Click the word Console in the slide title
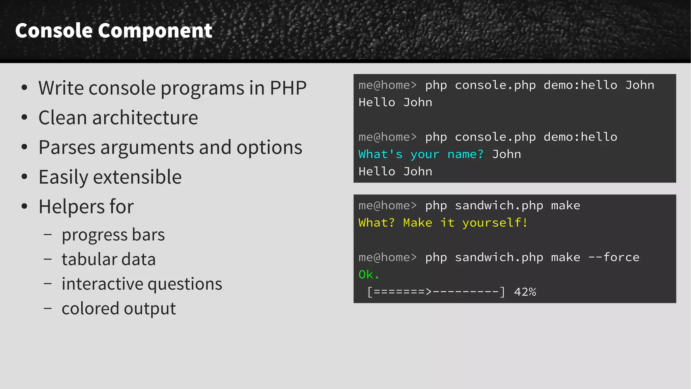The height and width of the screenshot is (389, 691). tap(54, 30)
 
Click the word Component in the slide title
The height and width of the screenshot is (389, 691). tap(155, 30)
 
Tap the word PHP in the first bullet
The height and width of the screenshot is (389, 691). tap(288, 88)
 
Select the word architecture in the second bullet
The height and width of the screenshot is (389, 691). tap(145, 118)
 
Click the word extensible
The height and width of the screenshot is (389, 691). tap(137, 177)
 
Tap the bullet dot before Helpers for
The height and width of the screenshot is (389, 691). tap(24, 206)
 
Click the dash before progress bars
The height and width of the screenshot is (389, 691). tap(48, 234)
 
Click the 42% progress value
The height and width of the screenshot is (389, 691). tap(525, 292)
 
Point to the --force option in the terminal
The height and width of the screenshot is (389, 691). tap(614, 257)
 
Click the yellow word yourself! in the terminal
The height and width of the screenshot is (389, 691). tap(495, 223)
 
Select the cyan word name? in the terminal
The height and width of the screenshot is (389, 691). tap(465, 154)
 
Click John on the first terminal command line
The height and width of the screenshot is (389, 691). tap(640, 85)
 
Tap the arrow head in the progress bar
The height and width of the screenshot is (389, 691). tap(429, 292)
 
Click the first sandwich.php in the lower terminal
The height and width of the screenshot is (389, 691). tap(499, 206)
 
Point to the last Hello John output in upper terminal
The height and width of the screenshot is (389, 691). tap(395, 172)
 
